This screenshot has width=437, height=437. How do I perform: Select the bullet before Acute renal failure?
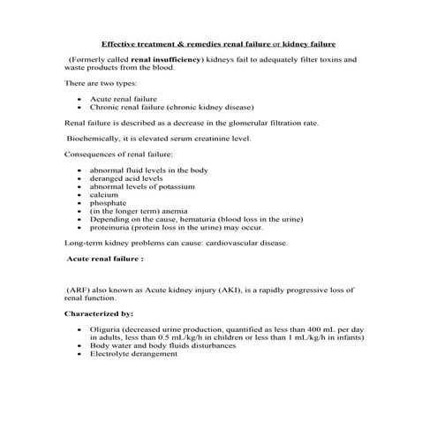[81, 101]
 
